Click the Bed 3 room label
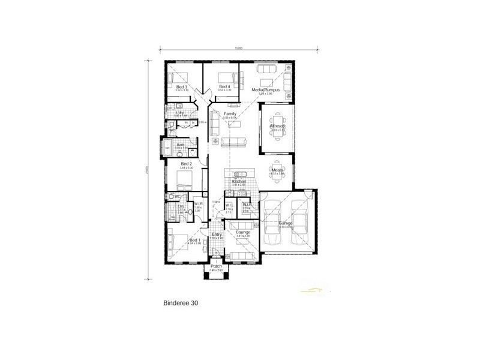182,87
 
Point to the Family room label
230,113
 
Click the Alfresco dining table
277,125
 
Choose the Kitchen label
239,181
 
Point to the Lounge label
243,232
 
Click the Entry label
216,235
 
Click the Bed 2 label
186,163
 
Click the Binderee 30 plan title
181,303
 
